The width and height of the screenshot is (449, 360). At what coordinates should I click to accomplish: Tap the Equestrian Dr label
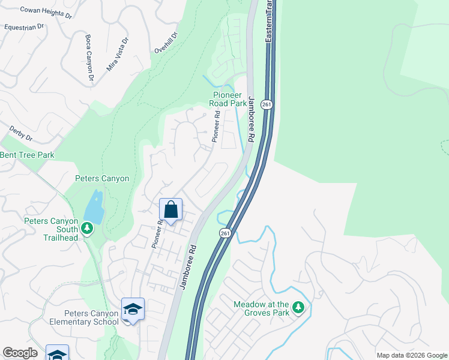point(24,27)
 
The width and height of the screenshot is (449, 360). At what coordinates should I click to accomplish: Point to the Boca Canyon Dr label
point(89,58)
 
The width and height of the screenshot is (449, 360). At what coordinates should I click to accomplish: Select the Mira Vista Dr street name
point(118,55)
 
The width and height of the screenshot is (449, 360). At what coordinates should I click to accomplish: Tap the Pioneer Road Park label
point(228,99)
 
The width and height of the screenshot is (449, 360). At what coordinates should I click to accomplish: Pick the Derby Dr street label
point(20,133)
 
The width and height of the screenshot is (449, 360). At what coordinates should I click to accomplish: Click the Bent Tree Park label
point(27,155)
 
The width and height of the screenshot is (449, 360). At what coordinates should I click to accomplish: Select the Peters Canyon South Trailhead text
point(51,229)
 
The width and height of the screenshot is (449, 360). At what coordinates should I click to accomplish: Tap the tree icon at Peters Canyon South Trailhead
point(87,228)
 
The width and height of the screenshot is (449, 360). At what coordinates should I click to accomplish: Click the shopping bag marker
point(171,210)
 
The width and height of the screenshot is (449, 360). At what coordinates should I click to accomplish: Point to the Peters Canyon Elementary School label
point(92,317)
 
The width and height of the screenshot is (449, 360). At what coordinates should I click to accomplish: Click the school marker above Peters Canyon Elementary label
point(133,309)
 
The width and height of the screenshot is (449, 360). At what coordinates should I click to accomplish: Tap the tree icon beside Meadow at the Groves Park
point(298,308)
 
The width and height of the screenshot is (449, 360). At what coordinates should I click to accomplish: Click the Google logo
point(20,353)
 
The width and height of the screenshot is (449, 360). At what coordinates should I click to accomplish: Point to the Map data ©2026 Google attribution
point(412,355)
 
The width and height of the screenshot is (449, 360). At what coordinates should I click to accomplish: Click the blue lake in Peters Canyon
point(94,207)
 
